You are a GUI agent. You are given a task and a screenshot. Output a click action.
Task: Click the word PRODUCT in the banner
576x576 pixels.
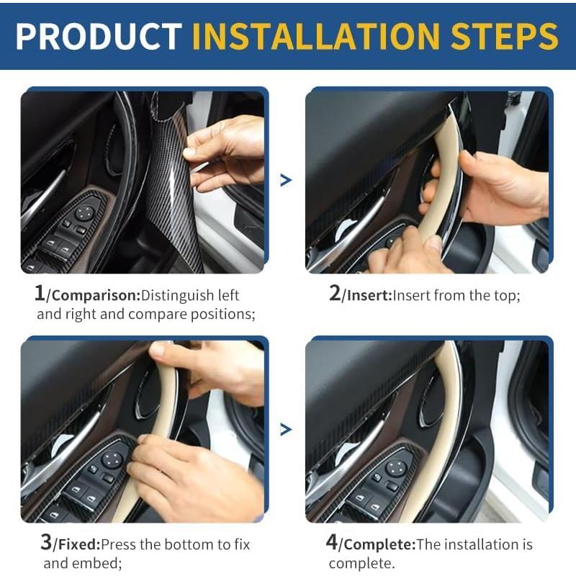(x=99, y=36)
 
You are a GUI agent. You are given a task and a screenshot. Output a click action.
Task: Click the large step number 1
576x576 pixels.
(x=40, y=293)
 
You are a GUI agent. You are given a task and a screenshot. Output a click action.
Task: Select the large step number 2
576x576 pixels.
(x=334, y=293)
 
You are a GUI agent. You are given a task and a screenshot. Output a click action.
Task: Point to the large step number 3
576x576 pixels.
(x=45, y=542)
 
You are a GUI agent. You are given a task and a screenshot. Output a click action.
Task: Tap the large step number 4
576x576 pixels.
(x=331, y=542)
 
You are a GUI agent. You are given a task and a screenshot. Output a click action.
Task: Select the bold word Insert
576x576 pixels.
(x=367, y=295)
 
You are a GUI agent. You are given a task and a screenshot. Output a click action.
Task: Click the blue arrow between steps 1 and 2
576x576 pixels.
(x=286, y=180)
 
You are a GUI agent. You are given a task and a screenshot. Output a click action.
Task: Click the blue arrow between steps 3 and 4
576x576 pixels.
(x=286, y=429)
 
